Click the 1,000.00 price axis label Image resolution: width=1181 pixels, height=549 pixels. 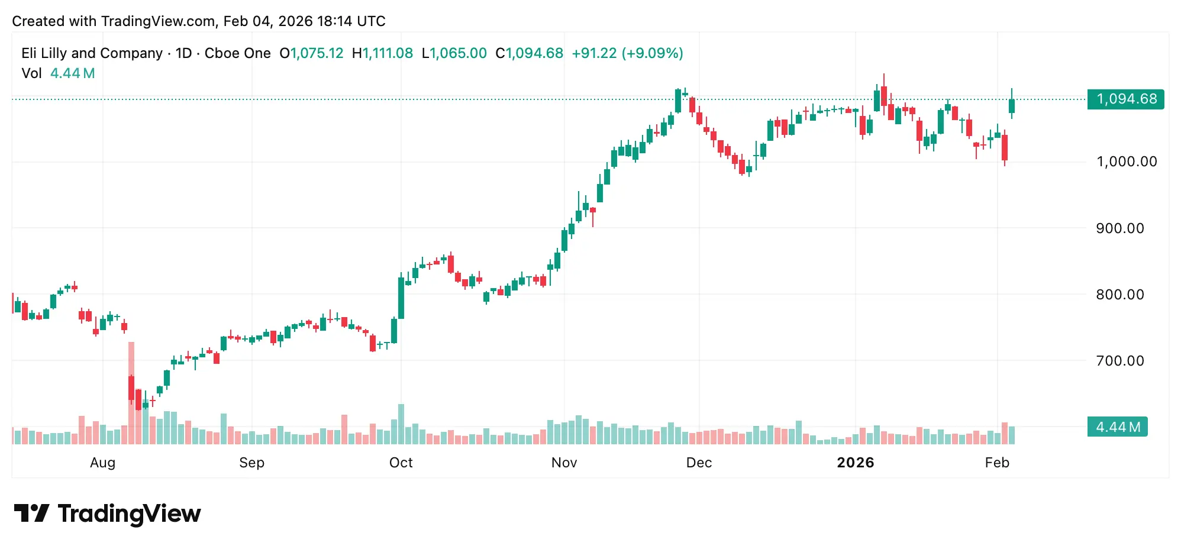(x=1126, y=162)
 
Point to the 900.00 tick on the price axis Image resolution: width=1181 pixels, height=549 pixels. (x=1119, y=228)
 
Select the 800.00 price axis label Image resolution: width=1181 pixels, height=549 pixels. (x=1119, y=295)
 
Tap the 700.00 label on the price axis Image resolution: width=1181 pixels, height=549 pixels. (x=1119, y=361)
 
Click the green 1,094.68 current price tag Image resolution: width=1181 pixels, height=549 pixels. (x=1125, y=99)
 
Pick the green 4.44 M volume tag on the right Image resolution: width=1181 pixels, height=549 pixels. (x=1117, y=427)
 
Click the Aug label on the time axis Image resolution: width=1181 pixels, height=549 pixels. (x=102, y=463)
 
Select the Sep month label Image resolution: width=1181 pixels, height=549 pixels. (x=251, y=463)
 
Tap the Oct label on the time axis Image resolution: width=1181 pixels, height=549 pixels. (x=401, y=463)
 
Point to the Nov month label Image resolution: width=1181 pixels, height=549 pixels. (x=564, y=463)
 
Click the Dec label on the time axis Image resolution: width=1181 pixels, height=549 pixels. (x=699, y=463)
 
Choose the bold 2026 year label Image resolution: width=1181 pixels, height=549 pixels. (x=855, y=463)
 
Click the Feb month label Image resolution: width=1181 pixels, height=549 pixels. (x=997, y=463)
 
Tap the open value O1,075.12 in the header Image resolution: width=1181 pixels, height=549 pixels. (x=311, y=53)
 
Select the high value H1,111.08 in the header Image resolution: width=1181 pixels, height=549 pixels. (x=382, y=53)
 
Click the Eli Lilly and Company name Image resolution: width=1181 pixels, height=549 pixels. (x=92, y=53)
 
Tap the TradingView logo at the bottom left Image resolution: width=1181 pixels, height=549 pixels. (x=107, y=514)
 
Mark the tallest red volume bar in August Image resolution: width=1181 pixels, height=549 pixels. (x=131, y=393)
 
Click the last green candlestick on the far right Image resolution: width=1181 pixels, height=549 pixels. (x=1012, y=106)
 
